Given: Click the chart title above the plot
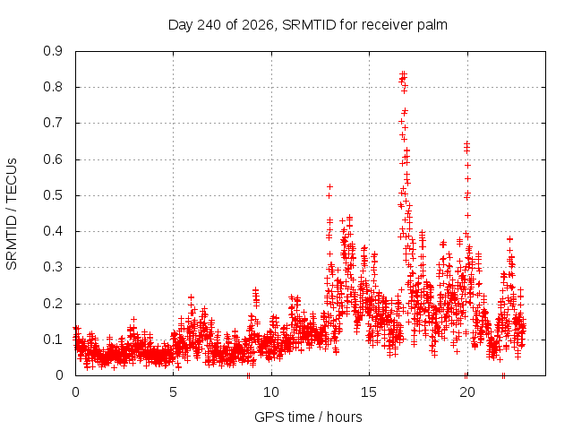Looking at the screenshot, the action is [x=308, y=25].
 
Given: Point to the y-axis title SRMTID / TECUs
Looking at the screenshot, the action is [x=12, y=214].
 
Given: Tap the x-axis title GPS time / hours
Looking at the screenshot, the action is [x=308, y=417].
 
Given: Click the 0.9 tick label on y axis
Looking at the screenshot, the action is [x=53, y=51].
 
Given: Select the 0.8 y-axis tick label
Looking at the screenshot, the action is [x=53, y=87].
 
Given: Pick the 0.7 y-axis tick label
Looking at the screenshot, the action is [x=53, y=123].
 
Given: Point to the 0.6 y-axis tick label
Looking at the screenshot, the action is [x=53, y=159].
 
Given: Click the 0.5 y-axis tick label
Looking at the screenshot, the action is [x=53, y=195].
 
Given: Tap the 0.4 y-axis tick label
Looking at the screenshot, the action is [x=53, y=231].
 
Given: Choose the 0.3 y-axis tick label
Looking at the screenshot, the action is [x=53, y=267].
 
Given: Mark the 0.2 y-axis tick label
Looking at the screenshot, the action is [x=53, y=304].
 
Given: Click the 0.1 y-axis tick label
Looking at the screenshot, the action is [x=53, y=340].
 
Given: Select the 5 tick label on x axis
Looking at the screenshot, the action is [x=173, y=392].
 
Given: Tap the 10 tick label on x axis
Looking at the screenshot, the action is [x=271, y=392].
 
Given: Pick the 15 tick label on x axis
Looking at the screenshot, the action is [x=369, y=392].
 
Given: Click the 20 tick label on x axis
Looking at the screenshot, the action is [x=467, y=392].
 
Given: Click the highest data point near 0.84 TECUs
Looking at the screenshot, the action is [x=404, y=73].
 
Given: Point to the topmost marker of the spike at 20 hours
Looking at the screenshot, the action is [x=466, y=143].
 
